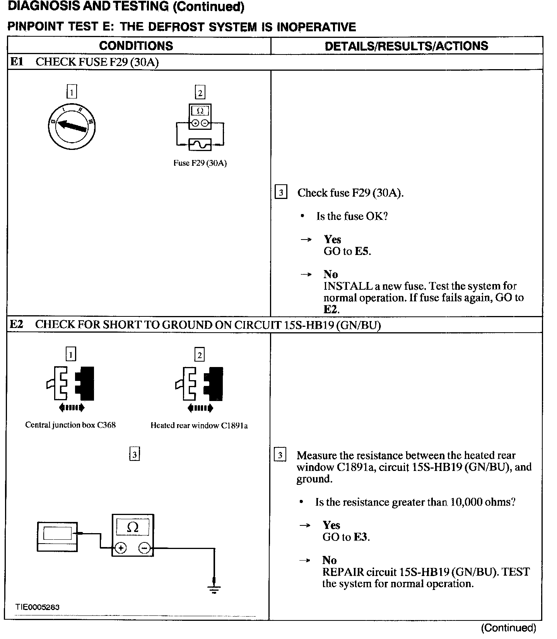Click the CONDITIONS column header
pos(136,46)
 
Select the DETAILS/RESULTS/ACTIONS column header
pos(406,46)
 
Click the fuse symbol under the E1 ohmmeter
pos(200,144)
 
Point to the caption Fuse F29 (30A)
pos(200,163)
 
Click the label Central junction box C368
pos(70,425)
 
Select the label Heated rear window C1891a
pos(199,426)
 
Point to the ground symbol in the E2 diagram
pos(214,590)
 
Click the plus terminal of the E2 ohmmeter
pos(121,548)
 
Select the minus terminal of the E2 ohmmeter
pos(144,548)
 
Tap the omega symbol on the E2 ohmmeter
pos(133,527)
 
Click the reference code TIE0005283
pos(38,607)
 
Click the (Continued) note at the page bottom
pos(508,628)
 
